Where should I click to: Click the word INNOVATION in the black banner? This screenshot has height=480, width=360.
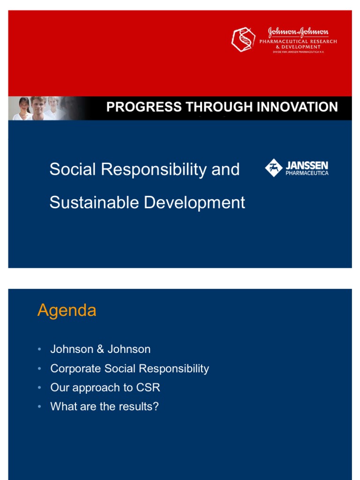coord(297,107)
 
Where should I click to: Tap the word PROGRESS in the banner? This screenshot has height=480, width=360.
coord(144,107)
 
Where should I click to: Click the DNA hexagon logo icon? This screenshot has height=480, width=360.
coord(243,39)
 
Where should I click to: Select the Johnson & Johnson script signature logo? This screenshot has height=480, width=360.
coord(298,32)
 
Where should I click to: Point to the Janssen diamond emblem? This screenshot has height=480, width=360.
coord(274,168)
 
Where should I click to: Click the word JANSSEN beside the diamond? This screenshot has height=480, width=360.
coord(307,165)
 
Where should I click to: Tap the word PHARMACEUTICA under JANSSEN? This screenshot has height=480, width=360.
coord(307,173)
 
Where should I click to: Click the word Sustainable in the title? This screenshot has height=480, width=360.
coord(94,202)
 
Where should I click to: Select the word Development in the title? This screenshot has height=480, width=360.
coord(195,203)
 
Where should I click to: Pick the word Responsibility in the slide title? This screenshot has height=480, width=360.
coord(154,170)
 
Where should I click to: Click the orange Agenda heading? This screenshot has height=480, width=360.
coord(67,311)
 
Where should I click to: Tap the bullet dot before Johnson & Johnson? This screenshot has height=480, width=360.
coord(39,349)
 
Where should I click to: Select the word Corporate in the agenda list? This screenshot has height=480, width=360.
coord(75,368)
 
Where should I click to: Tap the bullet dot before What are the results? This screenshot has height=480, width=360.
coord(39,406)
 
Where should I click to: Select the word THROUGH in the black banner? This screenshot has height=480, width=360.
coord(219,107)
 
